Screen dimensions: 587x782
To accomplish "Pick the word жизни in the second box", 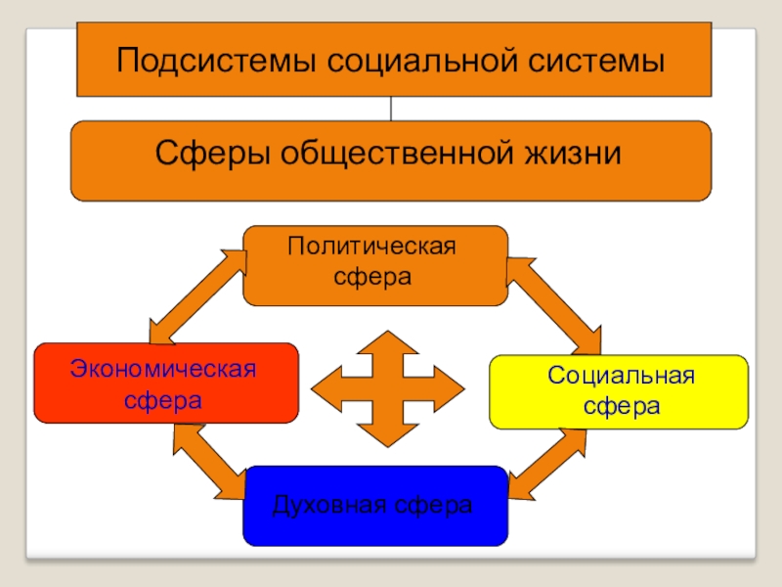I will point(578,155).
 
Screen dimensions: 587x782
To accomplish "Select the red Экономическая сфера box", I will point(165,383).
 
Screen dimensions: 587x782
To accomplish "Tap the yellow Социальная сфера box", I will point(618,392).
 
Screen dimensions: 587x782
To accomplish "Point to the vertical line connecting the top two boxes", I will point(391,109).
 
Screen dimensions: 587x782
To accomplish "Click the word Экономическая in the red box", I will point(163,370).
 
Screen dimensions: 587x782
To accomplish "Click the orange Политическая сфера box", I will point(374,265).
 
